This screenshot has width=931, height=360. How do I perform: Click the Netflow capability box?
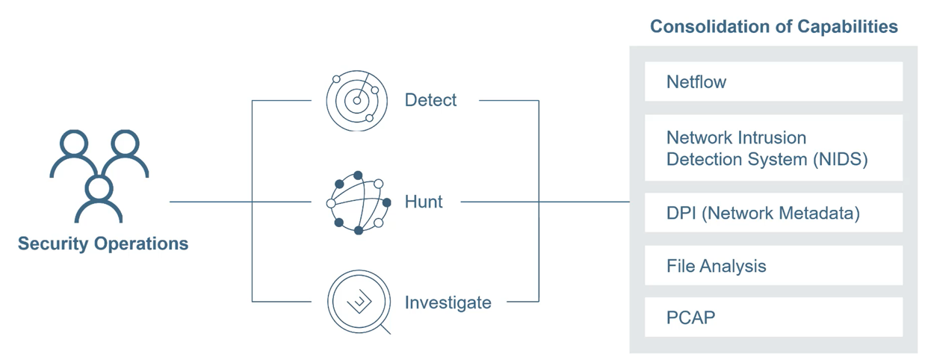tap(773, 81)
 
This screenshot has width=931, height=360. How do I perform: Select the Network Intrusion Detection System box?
tap(773, 149)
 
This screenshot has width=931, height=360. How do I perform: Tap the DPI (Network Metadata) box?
tap(773, 214)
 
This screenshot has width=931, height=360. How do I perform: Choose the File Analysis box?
tap(773, 266)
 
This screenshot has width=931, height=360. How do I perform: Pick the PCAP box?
tap(773, 317)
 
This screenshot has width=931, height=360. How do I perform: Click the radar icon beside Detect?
tap(356, 100)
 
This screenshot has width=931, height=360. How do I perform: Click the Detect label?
tap(430, 100)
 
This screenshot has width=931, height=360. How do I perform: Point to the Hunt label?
tap(424, 202)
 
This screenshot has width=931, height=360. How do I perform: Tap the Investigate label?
tap(448, 302)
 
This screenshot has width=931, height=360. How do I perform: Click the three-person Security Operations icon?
tap(99, 176)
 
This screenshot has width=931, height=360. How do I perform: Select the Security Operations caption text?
tap(103, 243)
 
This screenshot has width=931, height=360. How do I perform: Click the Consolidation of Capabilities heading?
tap(773, 27)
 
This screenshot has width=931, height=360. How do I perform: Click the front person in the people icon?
tap(99, 198)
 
